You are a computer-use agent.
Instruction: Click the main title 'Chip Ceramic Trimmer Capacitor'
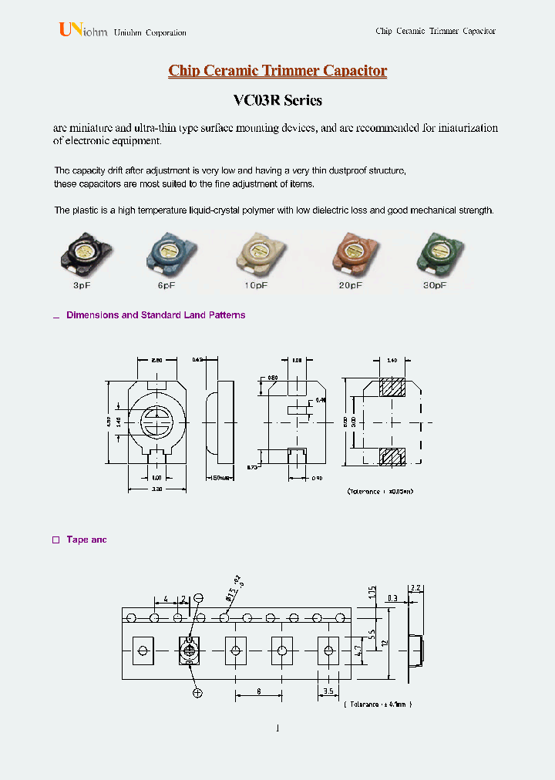[277, 71]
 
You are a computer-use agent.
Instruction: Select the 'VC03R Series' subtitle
[277, 101]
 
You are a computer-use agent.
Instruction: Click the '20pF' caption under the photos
[350, 285]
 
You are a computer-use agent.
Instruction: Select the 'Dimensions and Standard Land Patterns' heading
[156, 315]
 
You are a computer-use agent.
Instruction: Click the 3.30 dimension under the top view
[157, 489]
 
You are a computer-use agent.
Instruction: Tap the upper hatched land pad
[393, 388]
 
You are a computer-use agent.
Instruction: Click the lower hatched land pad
[393, 456]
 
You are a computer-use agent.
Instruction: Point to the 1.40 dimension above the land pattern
[391, 360]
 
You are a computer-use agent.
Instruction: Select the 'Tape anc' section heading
[86, 540]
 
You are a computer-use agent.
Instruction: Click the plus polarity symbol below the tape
[198, 693]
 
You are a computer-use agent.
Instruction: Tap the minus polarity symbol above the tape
[199, 598]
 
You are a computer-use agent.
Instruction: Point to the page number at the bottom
[277, 728]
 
